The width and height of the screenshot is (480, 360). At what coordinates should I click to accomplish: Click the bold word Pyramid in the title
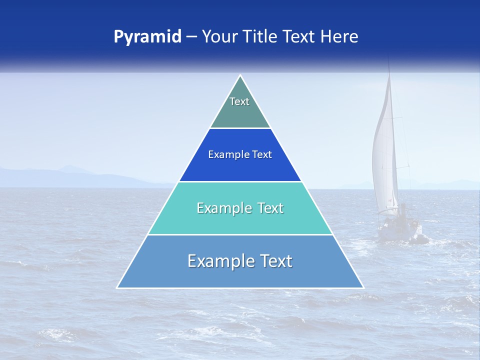pos(147,36)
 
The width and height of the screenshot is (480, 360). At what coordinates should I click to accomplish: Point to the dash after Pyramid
pos(191,37)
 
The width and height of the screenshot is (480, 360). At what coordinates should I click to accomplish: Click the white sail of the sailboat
pos(384,150)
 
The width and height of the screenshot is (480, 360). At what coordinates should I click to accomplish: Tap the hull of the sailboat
pos(400,232)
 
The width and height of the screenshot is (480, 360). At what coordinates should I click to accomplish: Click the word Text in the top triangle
pos(239,101)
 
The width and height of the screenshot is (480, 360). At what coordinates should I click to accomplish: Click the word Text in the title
pos(299,36)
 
